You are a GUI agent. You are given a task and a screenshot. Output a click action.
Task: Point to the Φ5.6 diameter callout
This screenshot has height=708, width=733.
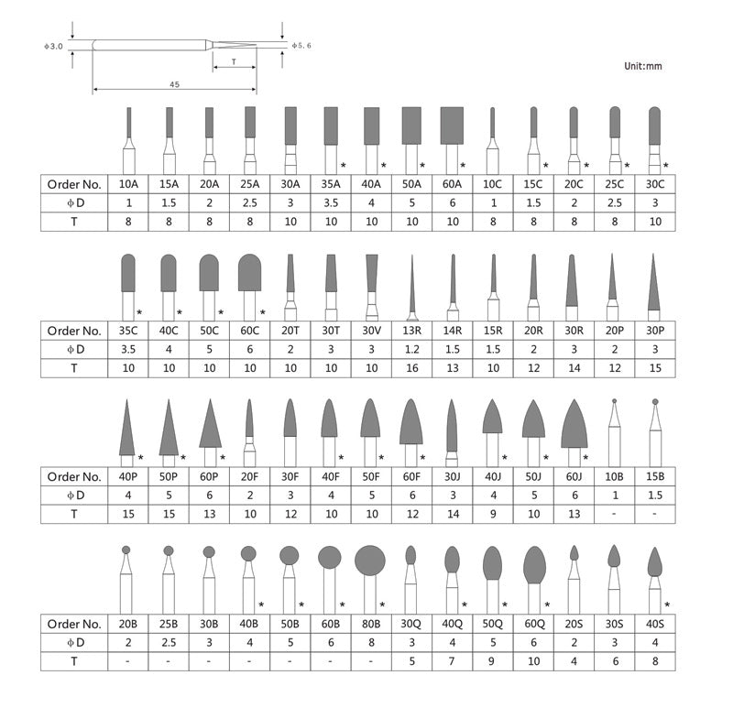coord(301,44)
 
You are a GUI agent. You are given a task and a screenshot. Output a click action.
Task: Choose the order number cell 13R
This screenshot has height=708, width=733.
coord(411,330)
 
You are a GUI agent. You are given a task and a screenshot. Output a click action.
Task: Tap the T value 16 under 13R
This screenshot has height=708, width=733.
coord(411,368)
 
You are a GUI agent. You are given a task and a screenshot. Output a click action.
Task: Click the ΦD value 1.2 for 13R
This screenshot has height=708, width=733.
coord(411,349)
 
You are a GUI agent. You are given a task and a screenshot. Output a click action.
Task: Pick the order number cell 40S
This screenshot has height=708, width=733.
coord(653,623)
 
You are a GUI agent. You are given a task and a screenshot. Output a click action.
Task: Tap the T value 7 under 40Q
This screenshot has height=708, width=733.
coord(452,661)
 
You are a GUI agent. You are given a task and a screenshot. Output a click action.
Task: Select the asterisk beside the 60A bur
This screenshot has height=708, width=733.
coord(464,165)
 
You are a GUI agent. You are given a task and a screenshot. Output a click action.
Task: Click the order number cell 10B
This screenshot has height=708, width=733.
coord(613,476)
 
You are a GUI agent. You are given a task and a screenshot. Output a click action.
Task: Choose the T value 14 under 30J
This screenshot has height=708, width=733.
coord(452,515)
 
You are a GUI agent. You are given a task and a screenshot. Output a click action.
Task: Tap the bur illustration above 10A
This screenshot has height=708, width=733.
coord(129,137)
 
